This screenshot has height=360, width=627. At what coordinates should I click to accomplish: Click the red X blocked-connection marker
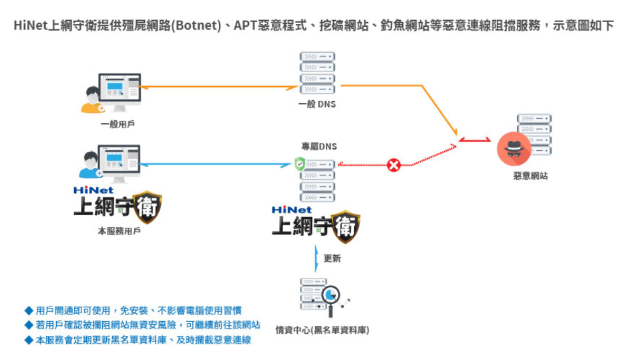394,164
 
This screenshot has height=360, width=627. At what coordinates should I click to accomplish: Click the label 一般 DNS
317,104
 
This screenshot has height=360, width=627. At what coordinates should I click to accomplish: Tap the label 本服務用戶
119,231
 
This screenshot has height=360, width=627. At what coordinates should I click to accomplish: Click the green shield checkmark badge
300,162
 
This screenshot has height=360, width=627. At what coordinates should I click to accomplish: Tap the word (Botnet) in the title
197,26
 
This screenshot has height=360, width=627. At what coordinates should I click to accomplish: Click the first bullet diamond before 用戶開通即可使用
28,311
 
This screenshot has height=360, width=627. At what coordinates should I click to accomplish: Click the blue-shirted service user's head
92,160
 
